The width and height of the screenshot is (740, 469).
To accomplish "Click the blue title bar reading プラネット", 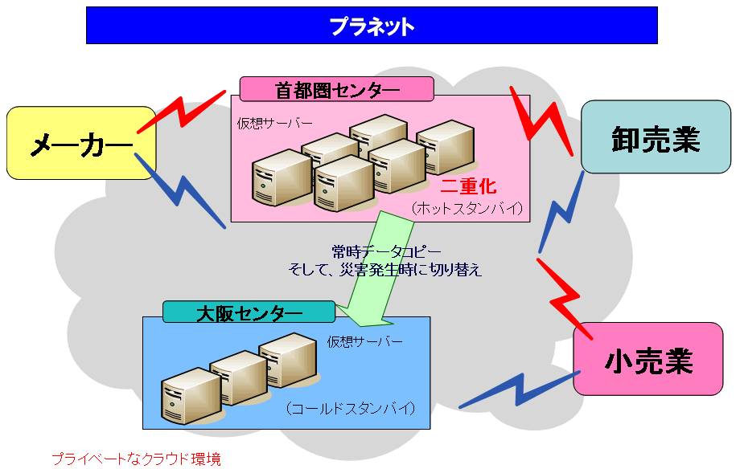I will (372, 26).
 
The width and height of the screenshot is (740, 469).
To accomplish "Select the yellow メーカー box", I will (81, 144).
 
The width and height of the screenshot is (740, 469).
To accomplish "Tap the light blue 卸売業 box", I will (656, 137).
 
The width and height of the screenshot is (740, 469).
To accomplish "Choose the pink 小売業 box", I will (647, 359).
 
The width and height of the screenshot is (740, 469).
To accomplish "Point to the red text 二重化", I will (468, 188).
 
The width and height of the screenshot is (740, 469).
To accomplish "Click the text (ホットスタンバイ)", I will (467, 209).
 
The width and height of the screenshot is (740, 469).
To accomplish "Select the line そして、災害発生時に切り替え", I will (384, 270).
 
